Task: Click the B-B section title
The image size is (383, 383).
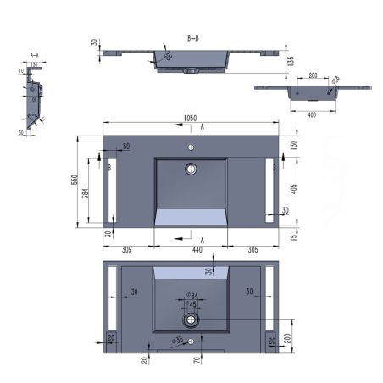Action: (x=192, y=39)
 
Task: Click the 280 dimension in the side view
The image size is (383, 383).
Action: (x=314, y=77)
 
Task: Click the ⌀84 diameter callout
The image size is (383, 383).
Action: (x=193, y=296)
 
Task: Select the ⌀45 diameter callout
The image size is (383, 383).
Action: (x=193, y=305)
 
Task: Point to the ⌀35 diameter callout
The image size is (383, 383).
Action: (x=179, y=341)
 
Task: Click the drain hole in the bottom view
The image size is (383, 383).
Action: (x=192, y=320)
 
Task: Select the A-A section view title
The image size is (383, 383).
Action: (x=35, y=54)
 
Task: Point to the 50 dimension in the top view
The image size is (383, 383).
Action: (x=125, y=147)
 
